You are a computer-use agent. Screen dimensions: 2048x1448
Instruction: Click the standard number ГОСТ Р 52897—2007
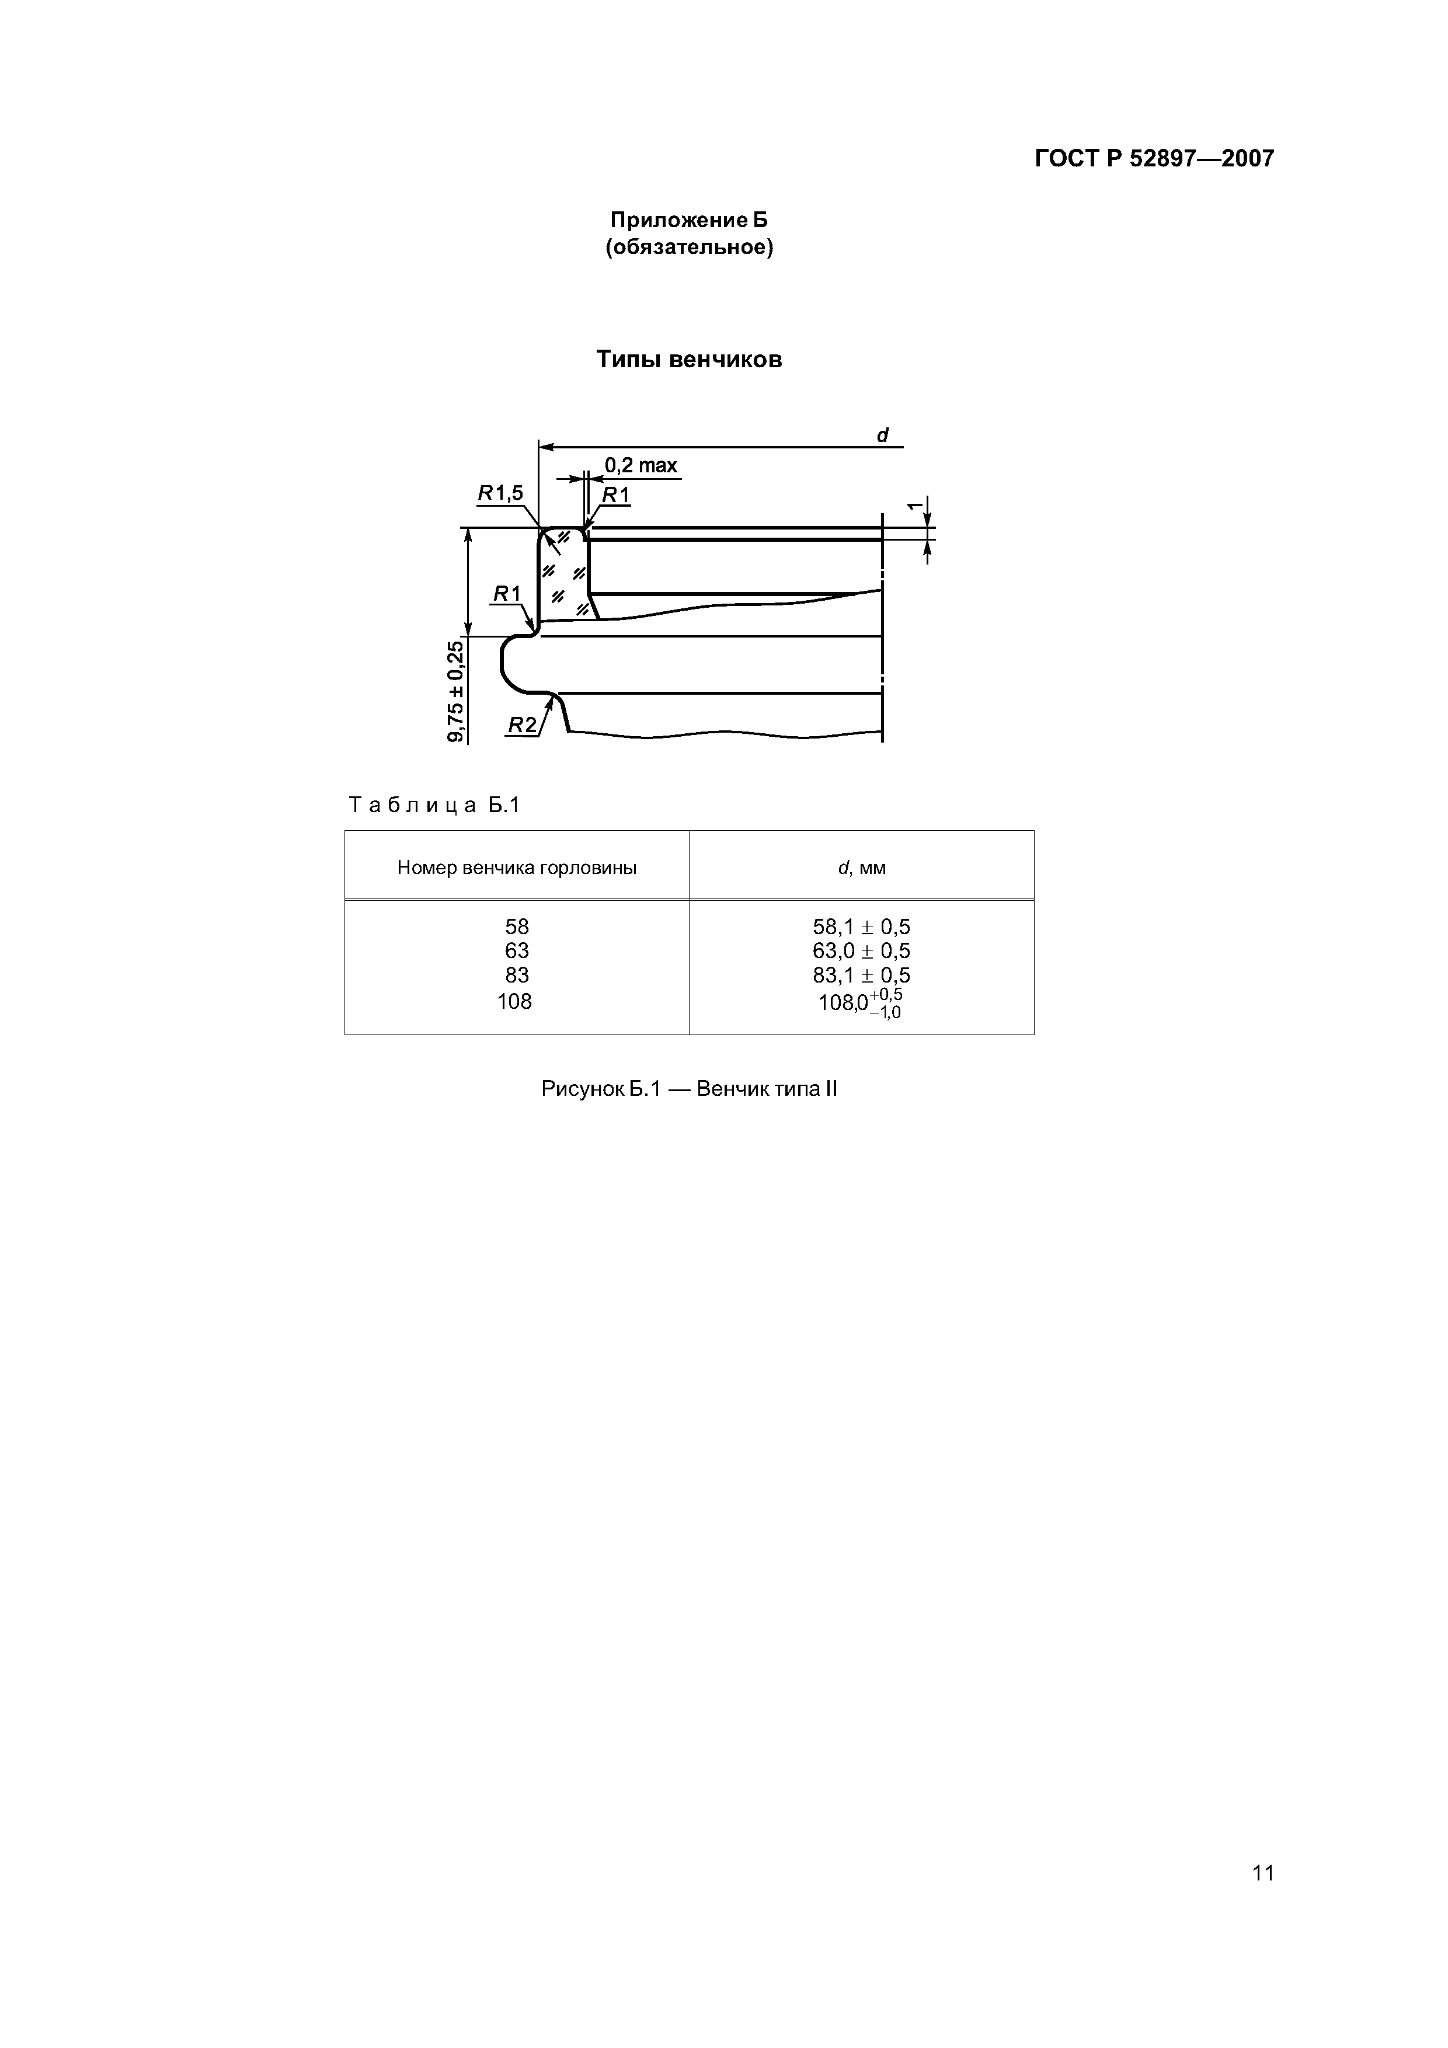pyautogui.click(x=1154, y=159)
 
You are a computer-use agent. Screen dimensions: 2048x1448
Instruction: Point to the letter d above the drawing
pyautogui.click(x=882, y=436)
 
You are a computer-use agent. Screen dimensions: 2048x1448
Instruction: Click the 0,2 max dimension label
pyautogui.click(x=641, y=466)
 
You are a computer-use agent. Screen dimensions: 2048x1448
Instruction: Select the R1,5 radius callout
pyautogui.click(x=500, y=493)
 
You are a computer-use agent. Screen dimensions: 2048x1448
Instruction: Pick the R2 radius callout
pyautogui.click(x=522, y=725)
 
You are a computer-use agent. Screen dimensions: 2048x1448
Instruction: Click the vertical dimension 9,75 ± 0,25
pyautogui.click(x=456, y=691)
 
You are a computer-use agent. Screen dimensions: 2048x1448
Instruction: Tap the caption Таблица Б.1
pyautogui.click(x=434, y=806)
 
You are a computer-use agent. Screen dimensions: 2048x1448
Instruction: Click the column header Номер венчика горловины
pyautogui.click(x=517, y=867)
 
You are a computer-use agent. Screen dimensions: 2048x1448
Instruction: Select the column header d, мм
pyautogui.click(x=862, y=867)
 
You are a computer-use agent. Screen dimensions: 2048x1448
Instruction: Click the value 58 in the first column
pyautogui.click(x=517, y=927)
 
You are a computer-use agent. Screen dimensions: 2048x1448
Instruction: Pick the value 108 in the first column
pyautogui.click(x=515, y=1002)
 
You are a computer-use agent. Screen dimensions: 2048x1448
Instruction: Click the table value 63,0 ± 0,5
pyautogui.click(x=862, y=951)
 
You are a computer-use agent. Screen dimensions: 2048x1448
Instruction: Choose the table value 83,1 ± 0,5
pyautogui.click(x=862, y=975)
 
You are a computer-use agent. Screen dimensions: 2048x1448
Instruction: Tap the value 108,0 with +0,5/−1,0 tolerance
pyautogui.click(x=860, y=1002)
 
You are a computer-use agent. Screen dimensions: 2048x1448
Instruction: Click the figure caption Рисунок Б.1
pyautogui.click(x=689, y=1089)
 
